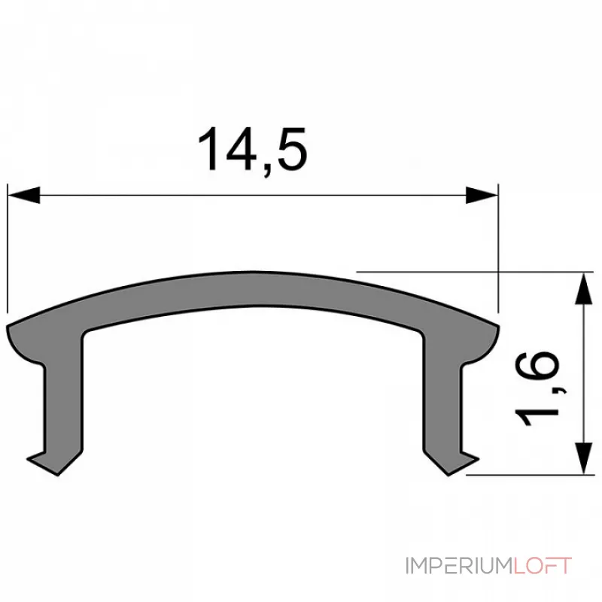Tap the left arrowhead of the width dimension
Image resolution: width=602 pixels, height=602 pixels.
[23, 196]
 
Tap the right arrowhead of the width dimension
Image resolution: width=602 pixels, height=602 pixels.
[482, 196]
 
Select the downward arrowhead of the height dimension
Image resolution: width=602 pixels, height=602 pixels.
[582, 459]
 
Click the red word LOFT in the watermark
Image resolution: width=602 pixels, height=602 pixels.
[542, 566]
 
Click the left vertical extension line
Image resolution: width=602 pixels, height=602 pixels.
[8, 248]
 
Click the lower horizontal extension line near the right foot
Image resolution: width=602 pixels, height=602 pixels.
[527, 475]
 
